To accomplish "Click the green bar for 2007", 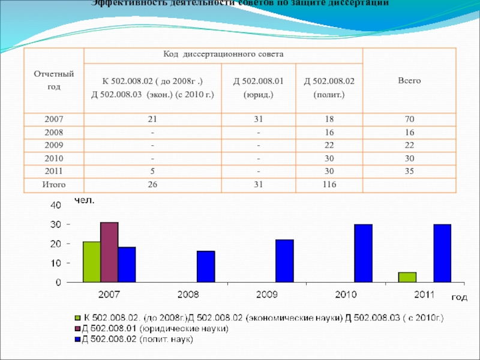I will (x=91, y=262).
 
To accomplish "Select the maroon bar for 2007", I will (x=109, y=252).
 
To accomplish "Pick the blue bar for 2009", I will (x=284, y=260).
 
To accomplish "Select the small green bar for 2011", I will (x=407, y=277).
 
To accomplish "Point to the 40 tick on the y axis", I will (x=54, y=205).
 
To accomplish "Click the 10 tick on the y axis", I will (x=54, y=263).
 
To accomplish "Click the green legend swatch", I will (x=77, y=317).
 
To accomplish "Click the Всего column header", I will (x=409, y=80).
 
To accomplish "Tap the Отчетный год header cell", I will (x=53, y=80).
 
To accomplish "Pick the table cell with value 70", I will (x=409, y=120).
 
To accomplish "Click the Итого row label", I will (x=53, y=185).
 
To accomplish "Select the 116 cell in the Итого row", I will (x=329, y=185).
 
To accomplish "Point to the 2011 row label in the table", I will (x=53, y=172).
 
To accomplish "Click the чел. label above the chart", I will (x=84, y=199).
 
